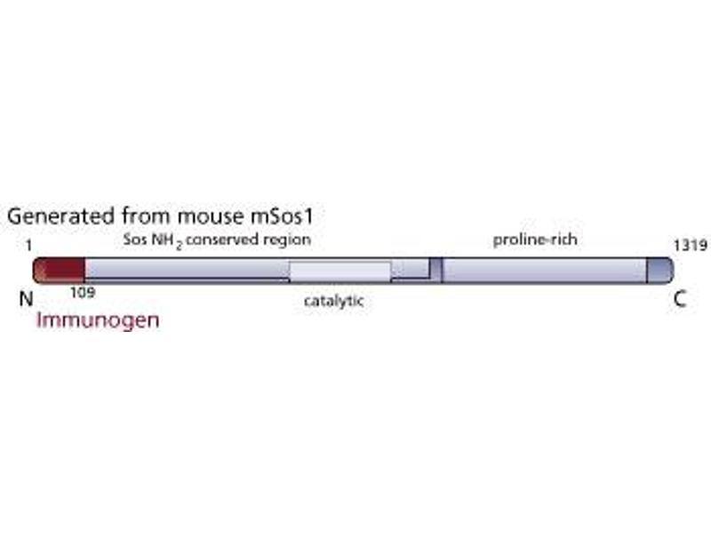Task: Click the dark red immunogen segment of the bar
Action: (59, 269)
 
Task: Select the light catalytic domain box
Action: (340, 271)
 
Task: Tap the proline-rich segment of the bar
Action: (542, 269)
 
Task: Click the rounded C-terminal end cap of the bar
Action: (659, 269)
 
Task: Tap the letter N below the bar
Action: (26, 299)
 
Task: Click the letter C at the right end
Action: (679, 299)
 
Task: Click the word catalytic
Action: (333, 301)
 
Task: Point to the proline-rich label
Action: (535, 239)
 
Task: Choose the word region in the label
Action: (289, 240)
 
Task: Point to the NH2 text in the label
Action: (170, 241)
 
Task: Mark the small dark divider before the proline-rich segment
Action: (435, 269)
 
